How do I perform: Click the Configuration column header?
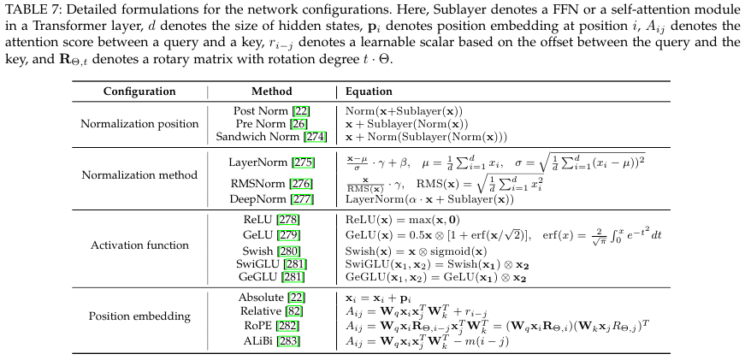(x=139, y=91)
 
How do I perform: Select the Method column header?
(x=271, y=91)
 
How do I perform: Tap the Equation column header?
(x=369, y=91)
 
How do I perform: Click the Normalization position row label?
(x=139, y=123)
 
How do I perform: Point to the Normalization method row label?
(x=139, y=175)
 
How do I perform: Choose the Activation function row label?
(x=139, y=245)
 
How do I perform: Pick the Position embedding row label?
(x=139, y=316)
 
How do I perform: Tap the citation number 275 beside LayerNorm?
(x=304, y=162)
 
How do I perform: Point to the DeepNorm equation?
(x=429, y=199)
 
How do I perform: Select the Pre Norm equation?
(x=413, y=124)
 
